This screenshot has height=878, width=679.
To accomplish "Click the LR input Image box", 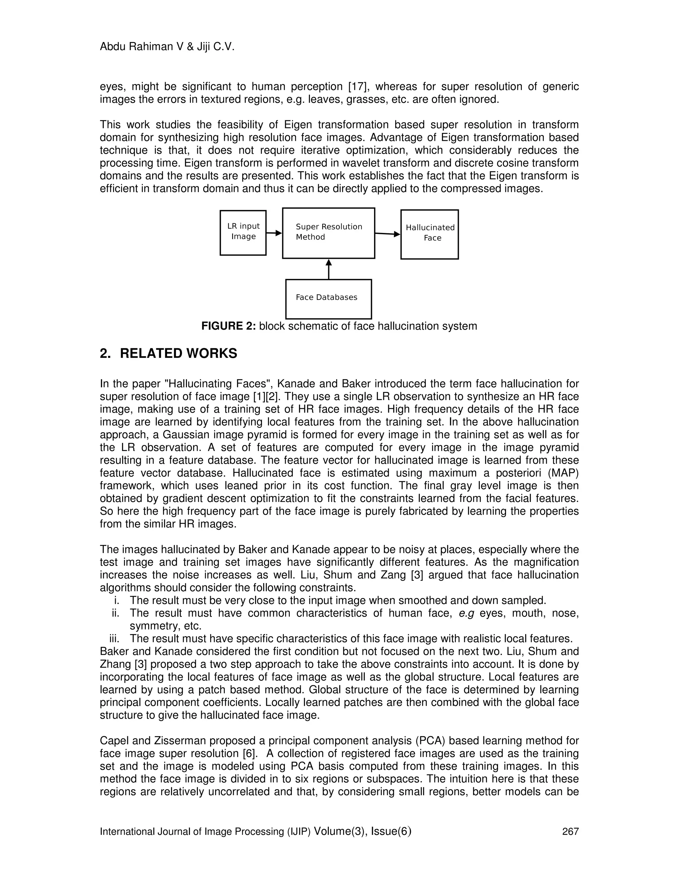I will [x=243, y=233].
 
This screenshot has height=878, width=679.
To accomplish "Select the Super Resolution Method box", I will [x=329, y=233].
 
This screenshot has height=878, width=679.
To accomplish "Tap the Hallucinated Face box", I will [x=430, y=234].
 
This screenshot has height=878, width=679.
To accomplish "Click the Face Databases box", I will [x=328, y=299].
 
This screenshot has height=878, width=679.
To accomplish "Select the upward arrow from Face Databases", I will [x=329, y=269].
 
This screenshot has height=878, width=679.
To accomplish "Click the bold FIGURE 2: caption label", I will [x=228, y=326].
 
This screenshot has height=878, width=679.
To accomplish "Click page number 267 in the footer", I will [x=570, y=831].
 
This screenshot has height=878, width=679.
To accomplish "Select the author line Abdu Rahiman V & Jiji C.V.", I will [x=167, y=47].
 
